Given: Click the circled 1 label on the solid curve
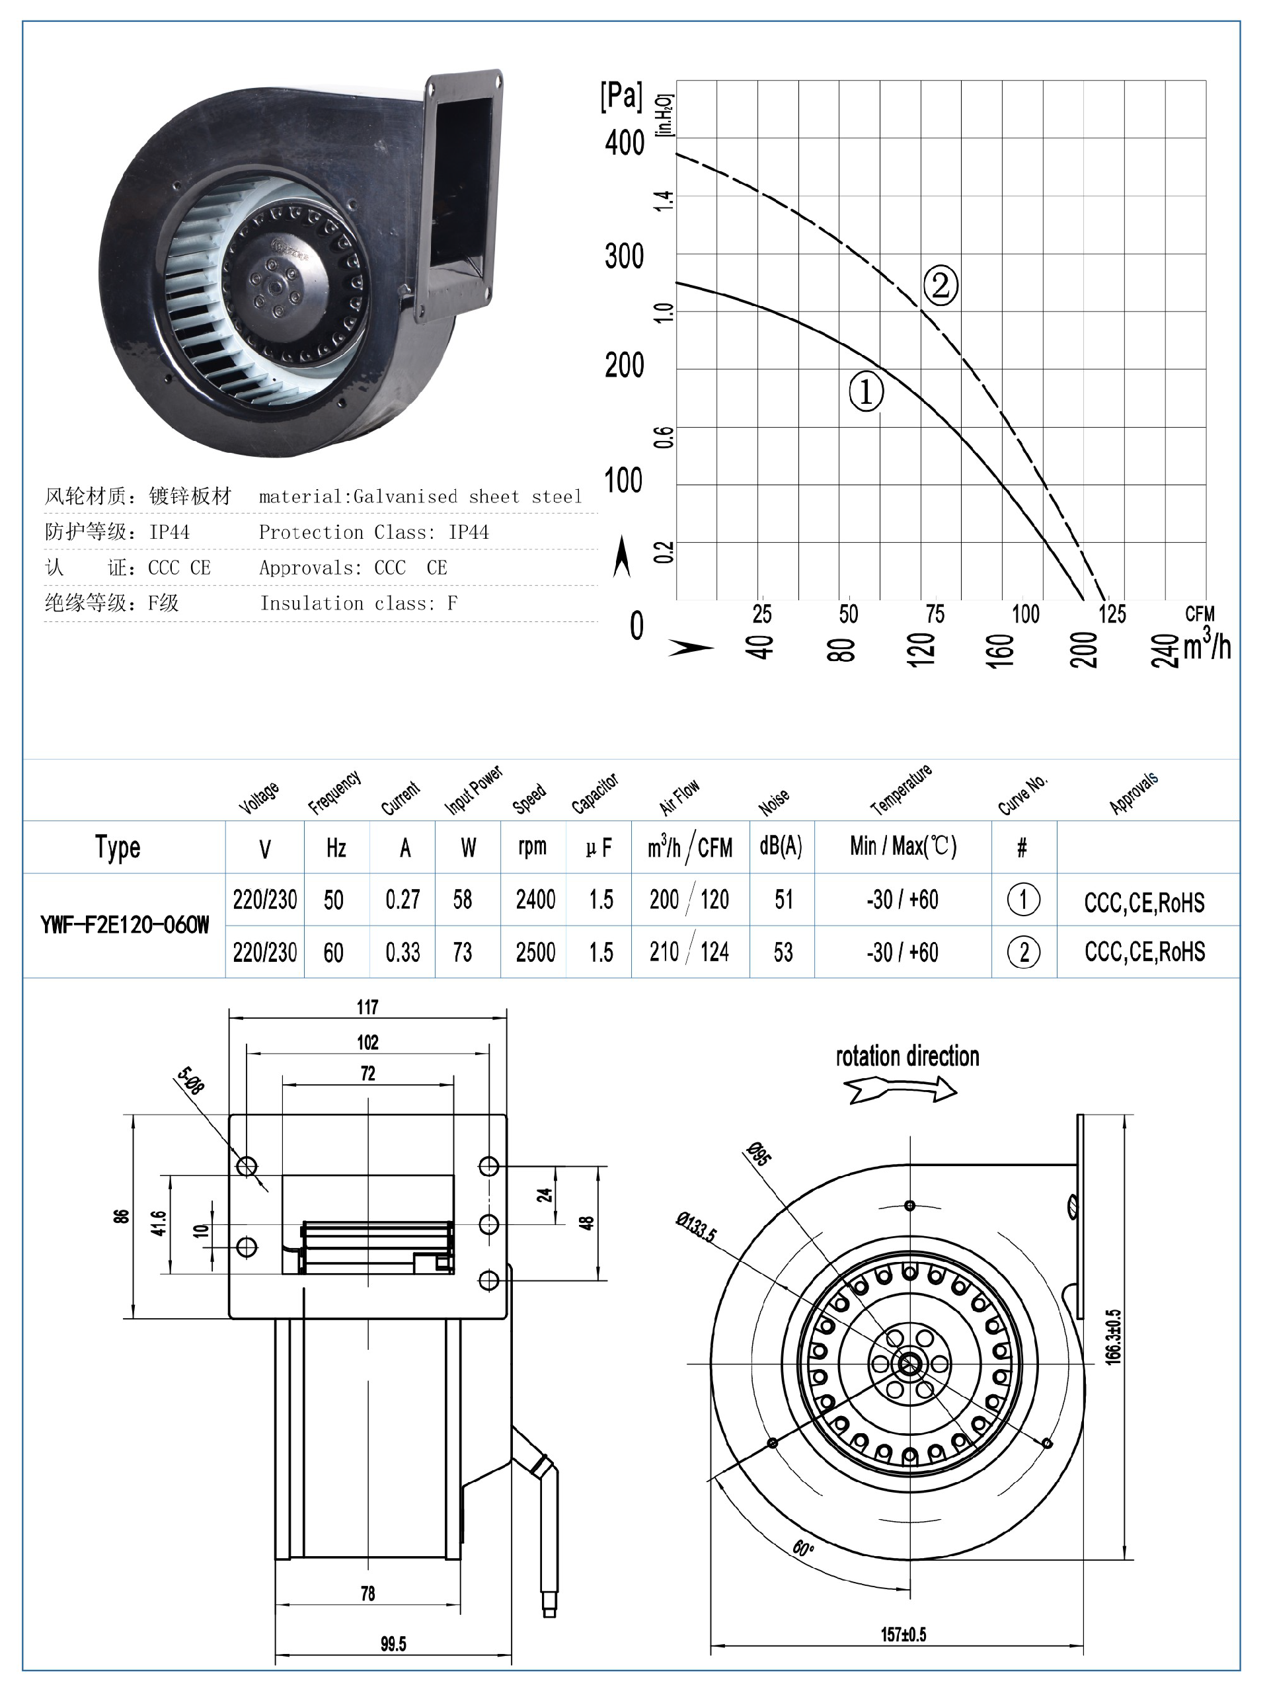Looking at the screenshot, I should coord(866,391).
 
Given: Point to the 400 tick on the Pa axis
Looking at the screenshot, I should coord(625,143).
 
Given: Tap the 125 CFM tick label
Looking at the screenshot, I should coord(1112,614).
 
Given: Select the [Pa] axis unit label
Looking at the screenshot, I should coord(621,97).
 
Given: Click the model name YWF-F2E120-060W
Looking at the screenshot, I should coord(125,925).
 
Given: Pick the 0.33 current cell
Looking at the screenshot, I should coord(403,953).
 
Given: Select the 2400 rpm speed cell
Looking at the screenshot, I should coord(535,900).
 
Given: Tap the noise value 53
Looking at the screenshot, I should coord(783,953).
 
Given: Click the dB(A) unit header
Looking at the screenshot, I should coord(781,846).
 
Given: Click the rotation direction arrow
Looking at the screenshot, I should coord(902,1089).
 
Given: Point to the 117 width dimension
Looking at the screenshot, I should coord(367,1007).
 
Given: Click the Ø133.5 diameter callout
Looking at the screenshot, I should coord(697,1227).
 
